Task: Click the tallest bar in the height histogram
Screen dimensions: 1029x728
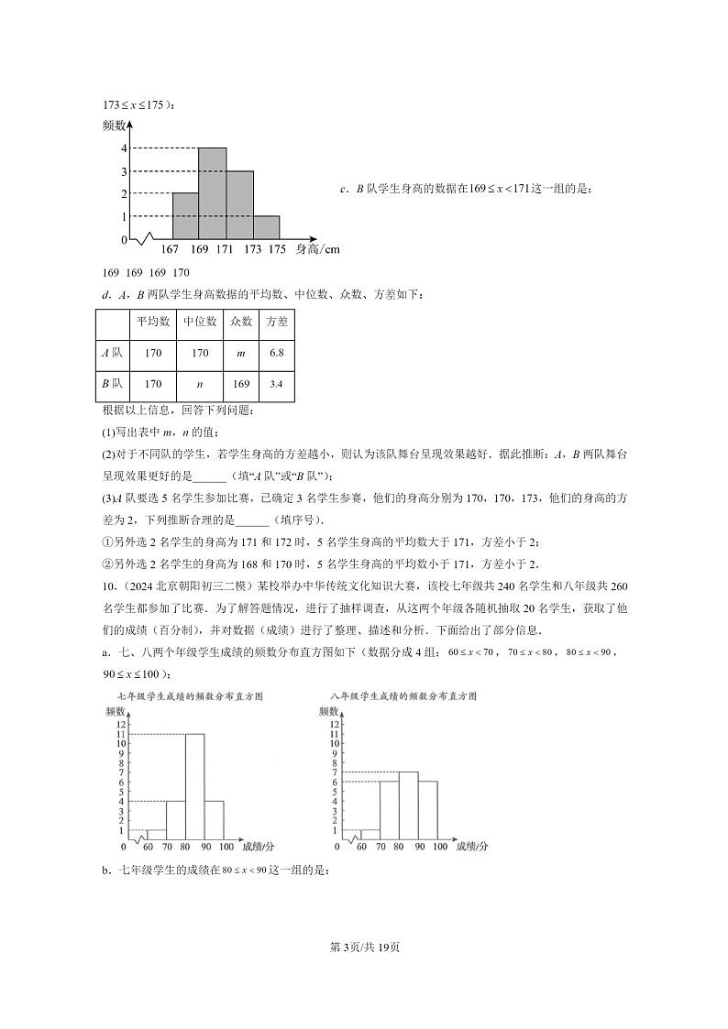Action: [x=213, y=193]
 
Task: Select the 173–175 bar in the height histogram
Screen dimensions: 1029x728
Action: [x=266, y=228]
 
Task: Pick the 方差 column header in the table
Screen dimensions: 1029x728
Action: [x=276, y=322]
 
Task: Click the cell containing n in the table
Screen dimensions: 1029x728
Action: [x=200, y=384]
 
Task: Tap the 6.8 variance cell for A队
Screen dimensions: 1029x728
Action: [x=276, y=353]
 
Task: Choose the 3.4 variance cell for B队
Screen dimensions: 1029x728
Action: [x=276, y=384]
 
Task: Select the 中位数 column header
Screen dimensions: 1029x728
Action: [x=200, y=322]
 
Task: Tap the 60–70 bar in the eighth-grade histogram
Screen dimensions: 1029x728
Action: [x=370, y=834]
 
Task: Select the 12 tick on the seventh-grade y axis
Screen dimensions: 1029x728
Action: [x=120, y=725]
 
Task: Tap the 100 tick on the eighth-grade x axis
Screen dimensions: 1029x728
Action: [x=439, y=847]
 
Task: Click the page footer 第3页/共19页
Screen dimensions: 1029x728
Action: [x=364, y=947]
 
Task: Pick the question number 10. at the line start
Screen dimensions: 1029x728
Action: [x=109, y=586]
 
